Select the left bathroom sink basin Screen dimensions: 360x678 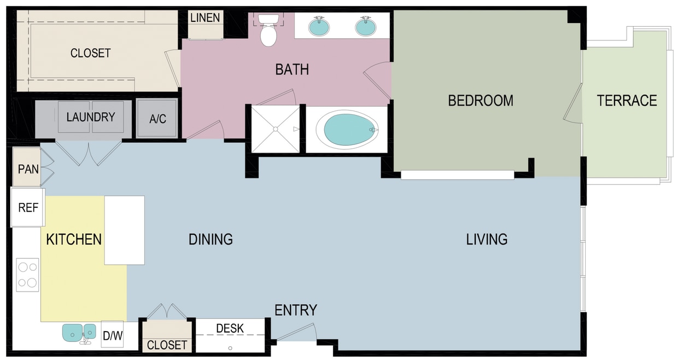click(x=319, y=26)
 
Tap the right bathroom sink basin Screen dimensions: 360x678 click(x=366, y=26)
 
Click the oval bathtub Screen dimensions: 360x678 click(x=349, y=130)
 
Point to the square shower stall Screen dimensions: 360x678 click(x=276, y=129)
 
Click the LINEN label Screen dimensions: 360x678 click(x=205, y=18)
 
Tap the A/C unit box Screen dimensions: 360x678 click(x=157, y=119)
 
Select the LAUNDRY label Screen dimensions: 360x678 click(x=91, y=117)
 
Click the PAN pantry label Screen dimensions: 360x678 click(x=28, y=169)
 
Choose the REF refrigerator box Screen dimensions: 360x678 click(x=28, y=208)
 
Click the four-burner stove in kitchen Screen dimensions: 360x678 click(x=27, y=275)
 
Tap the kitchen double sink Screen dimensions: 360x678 click(x=79, y=332)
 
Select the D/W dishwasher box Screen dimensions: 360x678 click(x=113, y=335)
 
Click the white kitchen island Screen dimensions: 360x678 click(x=125, y=230)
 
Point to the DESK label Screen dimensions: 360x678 click(x=230, y=329)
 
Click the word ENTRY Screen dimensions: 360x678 click(x=296, y=310)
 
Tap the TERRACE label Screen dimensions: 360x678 click(x=627, y=101)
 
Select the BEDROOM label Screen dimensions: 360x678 click(x=481, y=101)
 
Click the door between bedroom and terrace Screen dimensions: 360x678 click(x=574, y=104)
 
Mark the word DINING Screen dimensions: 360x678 click(x=211, y=239)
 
